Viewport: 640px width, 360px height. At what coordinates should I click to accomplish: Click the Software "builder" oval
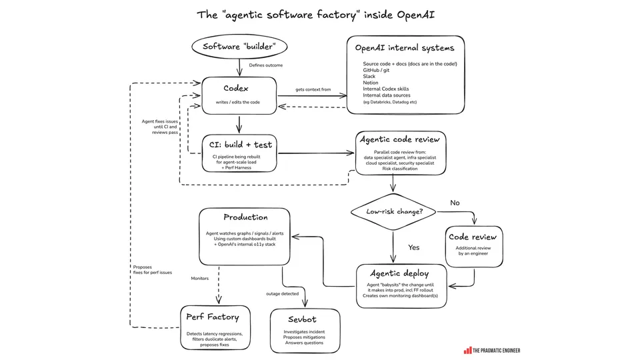tap(239, 47)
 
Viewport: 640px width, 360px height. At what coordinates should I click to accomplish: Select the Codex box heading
tap(236, 88)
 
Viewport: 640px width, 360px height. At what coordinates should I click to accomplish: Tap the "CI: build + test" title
tap(241, 145)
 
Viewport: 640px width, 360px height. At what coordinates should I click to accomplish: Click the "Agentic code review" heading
tap(399, 139)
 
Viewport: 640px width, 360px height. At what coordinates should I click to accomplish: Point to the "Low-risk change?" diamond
tap(393, 212)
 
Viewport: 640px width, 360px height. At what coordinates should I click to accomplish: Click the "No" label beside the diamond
tap(455, 203)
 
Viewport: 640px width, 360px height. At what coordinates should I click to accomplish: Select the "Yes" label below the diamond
tap(414, 247)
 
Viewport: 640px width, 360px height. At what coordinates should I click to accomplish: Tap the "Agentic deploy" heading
tap(399, 273)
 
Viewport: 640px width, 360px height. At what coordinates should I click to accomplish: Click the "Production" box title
tap(246, 217)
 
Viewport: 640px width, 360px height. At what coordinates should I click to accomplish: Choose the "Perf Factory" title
tap(213, 317)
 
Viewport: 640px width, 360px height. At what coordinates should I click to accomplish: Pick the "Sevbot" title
tap(302, 319)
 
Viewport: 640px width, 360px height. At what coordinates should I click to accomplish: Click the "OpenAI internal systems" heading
tap(405, 48)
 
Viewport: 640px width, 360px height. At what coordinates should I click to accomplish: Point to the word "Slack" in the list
tap(369, 76)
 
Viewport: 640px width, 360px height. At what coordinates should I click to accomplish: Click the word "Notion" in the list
tap(371, 83)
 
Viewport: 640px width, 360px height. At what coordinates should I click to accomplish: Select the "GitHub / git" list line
tap(376, 70)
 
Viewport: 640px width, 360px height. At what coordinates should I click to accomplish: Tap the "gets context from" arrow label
tap(313, 89)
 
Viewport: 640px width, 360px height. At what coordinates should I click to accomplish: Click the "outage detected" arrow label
tap(283, 293)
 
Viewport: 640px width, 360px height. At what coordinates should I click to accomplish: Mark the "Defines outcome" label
tap(266, 65)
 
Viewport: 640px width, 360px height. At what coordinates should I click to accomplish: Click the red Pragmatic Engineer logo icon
tap(467, 351)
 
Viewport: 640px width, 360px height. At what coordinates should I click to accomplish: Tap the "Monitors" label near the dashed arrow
tap(199, 279)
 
